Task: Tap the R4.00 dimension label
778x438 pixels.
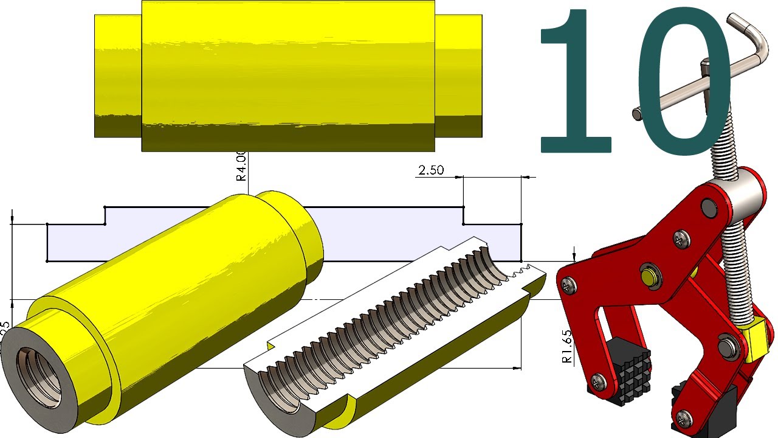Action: tap(241, 167)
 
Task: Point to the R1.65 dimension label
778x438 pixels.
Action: tap(566, 347)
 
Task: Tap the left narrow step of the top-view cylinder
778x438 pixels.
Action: tap(118, 75)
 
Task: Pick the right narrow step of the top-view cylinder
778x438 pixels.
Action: tap(458, 75)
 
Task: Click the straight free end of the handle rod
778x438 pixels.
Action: tap(637, 113)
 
